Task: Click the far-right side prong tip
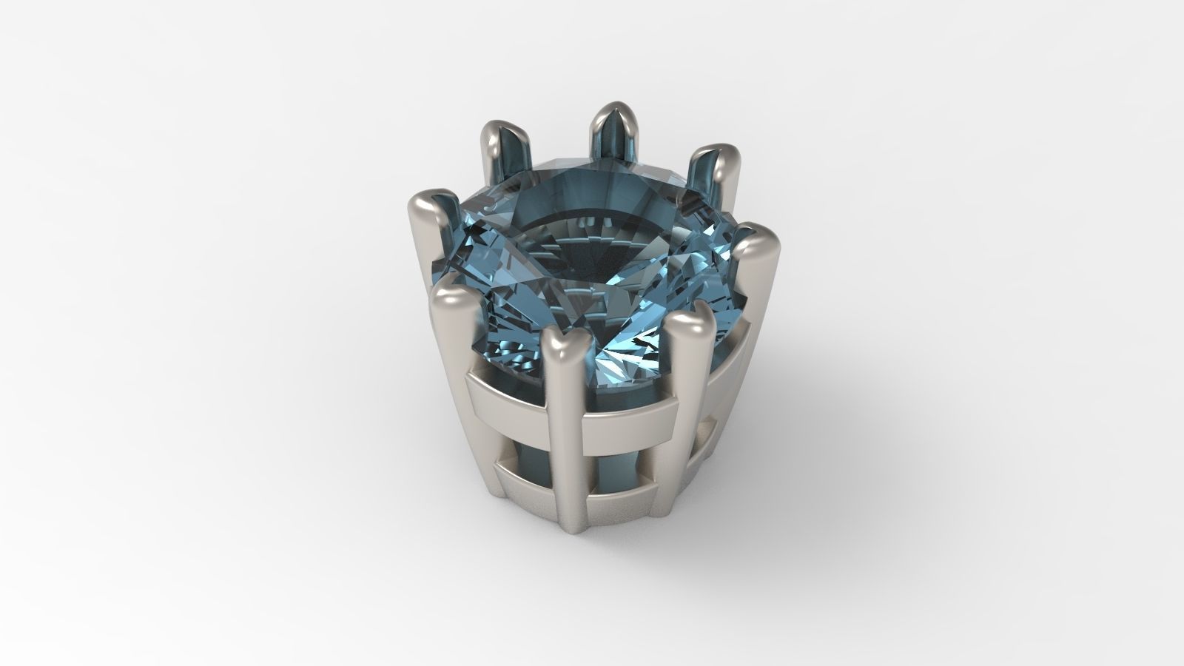point(755,238)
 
